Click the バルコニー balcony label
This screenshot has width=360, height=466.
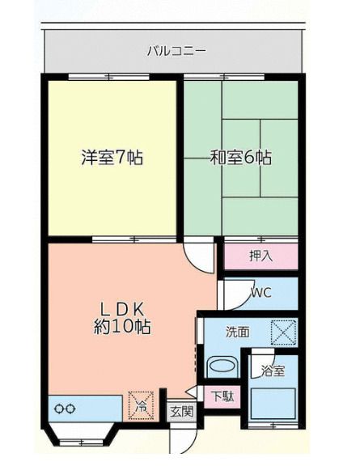pyautogui.click(x=176, y=50)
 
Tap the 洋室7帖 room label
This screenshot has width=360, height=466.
pyautogui.click(x=112, y=158)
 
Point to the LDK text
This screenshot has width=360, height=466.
pyautogui.click(x=121, y=308)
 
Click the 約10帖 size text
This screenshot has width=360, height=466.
pyautogui.click(x=121, y=327)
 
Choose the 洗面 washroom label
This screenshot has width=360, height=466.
pyautogui.click(x=237, y=331)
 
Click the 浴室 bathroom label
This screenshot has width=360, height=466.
pyautogui.click(x=273, y=371)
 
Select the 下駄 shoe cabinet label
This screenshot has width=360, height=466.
pyautogui.click(x=221, y=397)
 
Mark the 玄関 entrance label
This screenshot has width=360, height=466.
pyautogui.click(x=181, y=411)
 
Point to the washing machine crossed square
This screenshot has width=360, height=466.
pyautogui.click(x=284, y=333)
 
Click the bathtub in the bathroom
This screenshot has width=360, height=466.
pyautogui.click(x=273, y=405)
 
